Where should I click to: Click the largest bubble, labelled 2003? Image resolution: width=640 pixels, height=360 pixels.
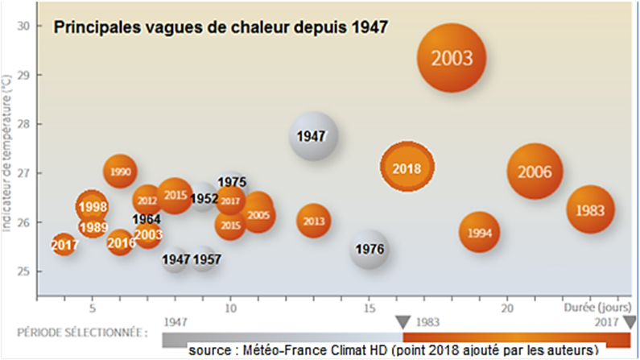pyautogui.click(x=456, y=58)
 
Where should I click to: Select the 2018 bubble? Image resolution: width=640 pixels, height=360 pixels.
pyautogui.click(x=407, y=168)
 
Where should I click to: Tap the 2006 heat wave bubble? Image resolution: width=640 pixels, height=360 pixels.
pyautogui.click(x=535, y=172)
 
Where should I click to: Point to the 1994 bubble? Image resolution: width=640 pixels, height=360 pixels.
pyautogui.click(x=480, y=233)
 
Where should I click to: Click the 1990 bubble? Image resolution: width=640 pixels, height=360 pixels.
pyautogui.click(x=120, y=172)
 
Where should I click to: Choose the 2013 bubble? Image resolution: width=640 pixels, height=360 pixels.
pyautogui.click(x=314, y=221)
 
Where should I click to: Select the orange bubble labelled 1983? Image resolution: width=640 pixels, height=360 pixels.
pyautogui.click(x=590, y=210)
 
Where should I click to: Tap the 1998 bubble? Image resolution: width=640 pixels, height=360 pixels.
pyautogui.click(x=93, y=207)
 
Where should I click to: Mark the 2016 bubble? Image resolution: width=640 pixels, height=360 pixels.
pyautogui.click(x=121, y=242)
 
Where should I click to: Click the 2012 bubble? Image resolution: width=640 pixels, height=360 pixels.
pyautogui.click(x=147, y=201)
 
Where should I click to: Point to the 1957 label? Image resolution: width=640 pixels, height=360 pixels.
pyautogui.click(x=207, y=259)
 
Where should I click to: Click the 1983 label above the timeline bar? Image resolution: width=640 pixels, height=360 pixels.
pyautogui.click(x=427, y=322)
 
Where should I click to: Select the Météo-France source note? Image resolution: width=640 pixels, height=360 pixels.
pyautogui.click(x=395, y=350)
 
